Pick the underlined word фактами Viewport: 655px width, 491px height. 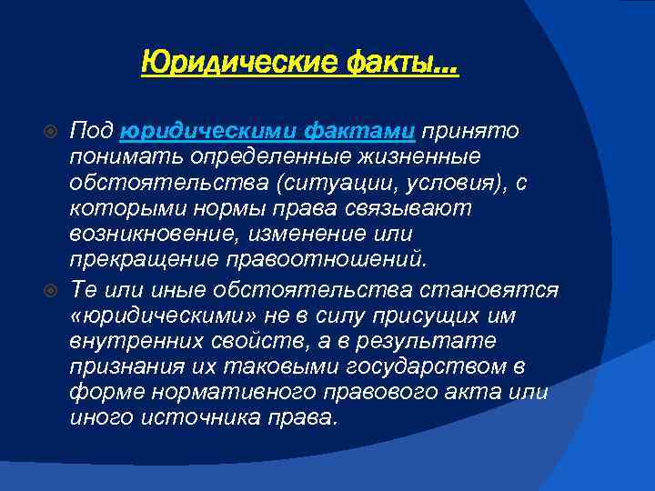click(351, 132)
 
